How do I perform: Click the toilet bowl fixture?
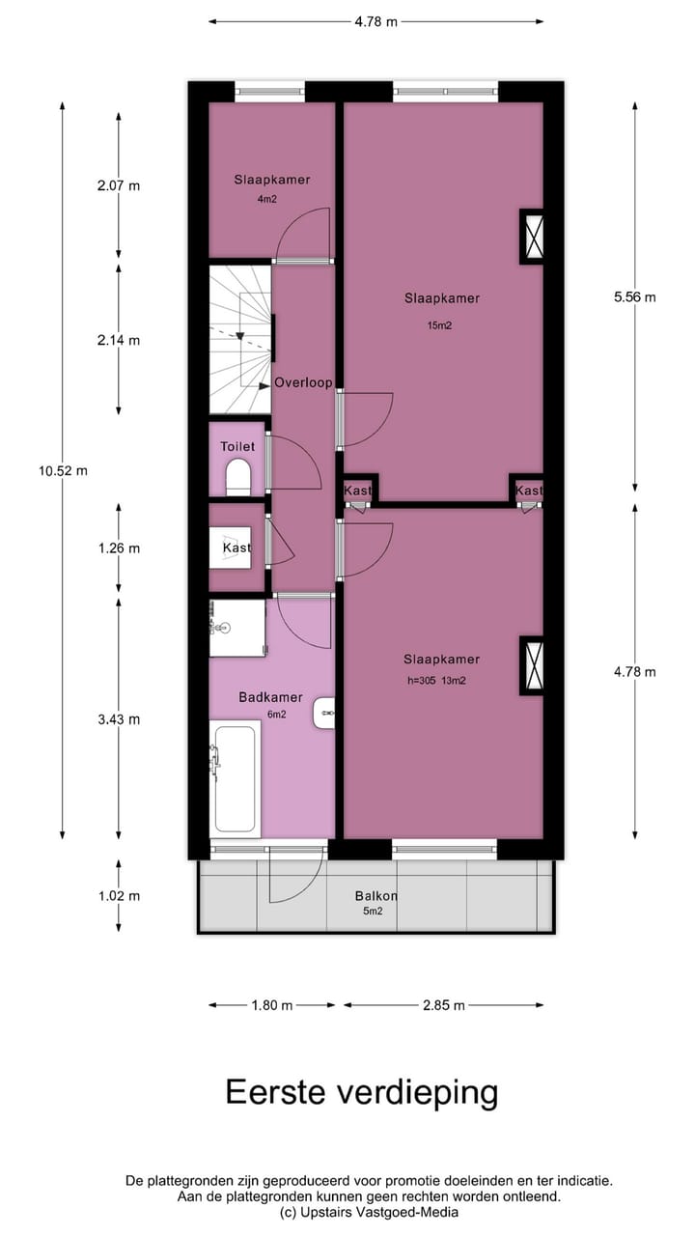pos(237,476)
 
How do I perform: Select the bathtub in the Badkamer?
pos(236,778)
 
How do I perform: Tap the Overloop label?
pos(303,382)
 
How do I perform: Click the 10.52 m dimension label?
pos(64,471)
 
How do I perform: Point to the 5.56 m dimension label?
pos(634,297)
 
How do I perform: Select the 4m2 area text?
pos(266,200)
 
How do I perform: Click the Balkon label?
pos(376,895)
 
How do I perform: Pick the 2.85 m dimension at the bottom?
pos(444,1005)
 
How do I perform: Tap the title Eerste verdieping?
pos(362,1092)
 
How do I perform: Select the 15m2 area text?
pos(440,325)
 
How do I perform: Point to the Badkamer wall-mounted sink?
pos(324,714)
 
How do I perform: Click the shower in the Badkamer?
pos(237,628)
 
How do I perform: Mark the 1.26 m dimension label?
pos(119,548)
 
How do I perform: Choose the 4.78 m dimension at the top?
pos(375,22)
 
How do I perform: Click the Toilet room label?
pos(237,446)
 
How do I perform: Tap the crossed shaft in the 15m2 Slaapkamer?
pos(533,236)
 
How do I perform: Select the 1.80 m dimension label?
pos(271,1005)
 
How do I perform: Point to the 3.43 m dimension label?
pos(119,719)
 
